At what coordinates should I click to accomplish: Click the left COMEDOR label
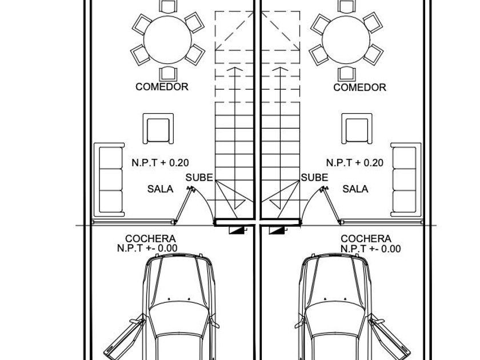point(162,87)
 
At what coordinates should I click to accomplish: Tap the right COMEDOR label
point(359,87)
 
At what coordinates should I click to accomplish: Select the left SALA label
point(160,189)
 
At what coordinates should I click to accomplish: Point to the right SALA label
point(355,189)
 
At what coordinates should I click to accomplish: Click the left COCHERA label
point(150,239)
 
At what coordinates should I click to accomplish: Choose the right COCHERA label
point(366,239)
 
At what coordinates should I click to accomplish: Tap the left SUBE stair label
point(199,178)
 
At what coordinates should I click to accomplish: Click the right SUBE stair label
point(314,178)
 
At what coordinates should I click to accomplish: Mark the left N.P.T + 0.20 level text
point(160,163)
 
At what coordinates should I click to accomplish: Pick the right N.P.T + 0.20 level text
point(355,163)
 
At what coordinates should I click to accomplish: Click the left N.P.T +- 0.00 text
point(147,248)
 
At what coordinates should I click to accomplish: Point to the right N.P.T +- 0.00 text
point(370,249)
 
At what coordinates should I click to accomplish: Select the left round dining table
point(168,39)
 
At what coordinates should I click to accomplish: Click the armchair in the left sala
point(158,129)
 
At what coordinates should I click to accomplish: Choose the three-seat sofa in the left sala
point(109,179)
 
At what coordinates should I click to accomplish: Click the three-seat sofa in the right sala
point(406,179)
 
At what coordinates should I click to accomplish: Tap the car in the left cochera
point(179,309)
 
